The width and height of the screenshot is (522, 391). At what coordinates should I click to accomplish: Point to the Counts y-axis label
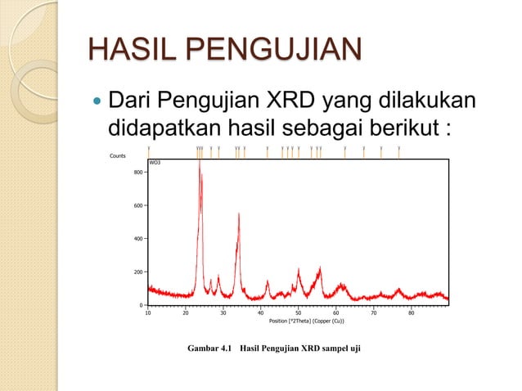(x=118, y=155)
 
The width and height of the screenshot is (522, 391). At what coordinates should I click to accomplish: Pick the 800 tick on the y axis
(x=137, y=173)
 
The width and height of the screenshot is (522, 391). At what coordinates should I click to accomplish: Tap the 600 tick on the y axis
(x=137, y=205)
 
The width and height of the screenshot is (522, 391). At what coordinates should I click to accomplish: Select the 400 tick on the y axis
(x=137, y=239)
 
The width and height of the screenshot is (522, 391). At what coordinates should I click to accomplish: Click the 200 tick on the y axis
(x=137, y=272)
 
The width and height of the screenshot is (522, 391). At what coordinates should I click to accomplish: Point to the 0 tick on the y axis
(x=141, y=305)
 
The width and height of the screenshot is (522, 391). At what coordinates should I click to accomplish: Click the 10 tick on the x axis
(x=148, y=312)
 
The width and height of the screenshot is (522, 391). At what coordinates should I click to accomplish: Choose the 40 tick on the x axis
(x=261, y=312)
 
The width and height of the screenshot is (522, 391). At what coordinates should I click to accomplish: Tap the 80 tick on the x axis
(x=412, y=312)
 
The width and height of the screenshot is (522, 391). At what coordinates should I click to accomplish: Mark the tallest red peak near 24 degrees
(x=200, y=162)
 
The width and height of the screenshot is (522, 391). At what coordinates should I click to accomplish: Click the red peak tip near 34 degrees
(x=239, y=214)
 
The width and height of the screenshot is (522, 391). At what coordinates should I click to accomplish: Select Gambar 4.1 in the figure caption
(x=209, y=350)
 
